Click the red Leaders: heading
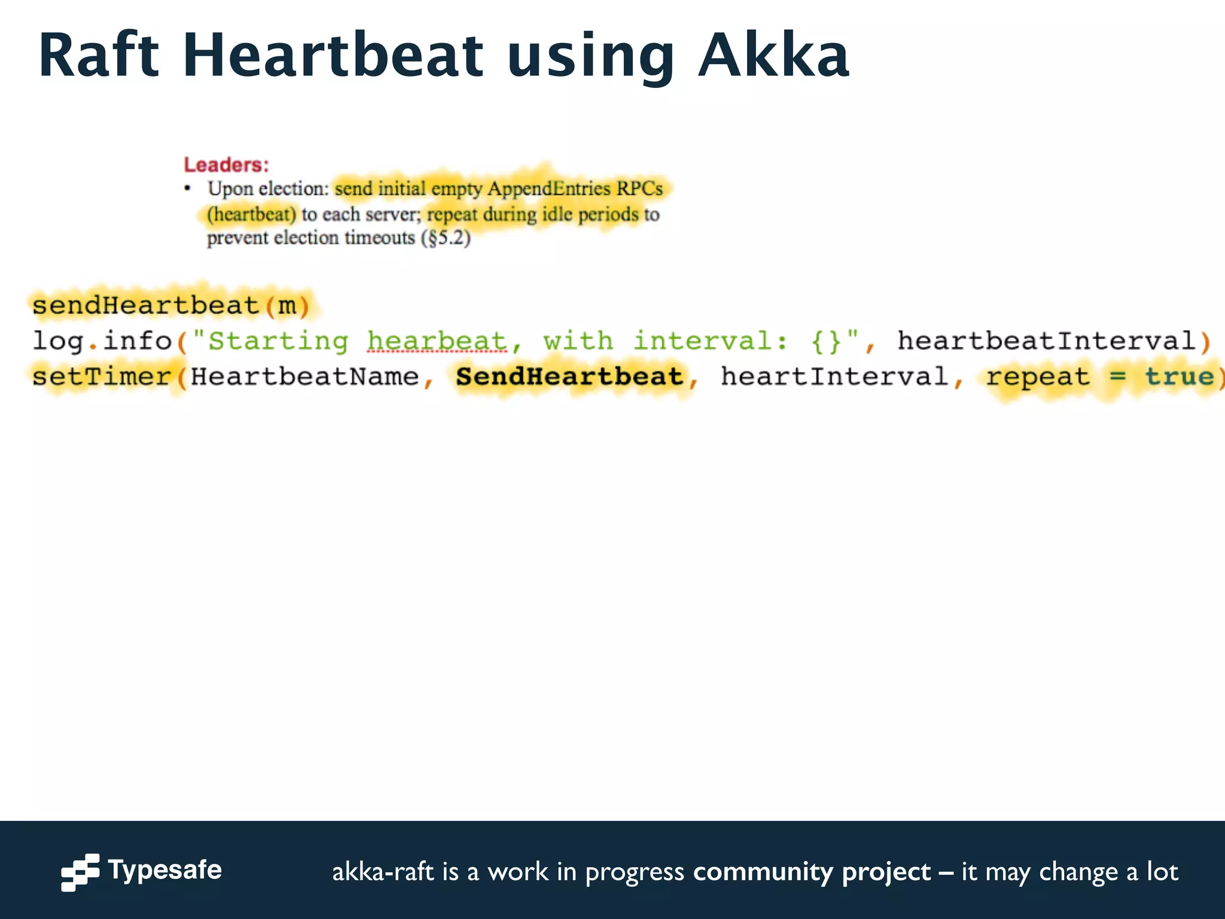[226, 165]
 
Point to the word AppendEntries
[548, 189]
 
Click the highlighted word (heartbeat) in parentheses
[251, 214]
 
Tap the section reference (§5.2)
[446, 238]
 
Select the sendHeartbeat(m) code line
[170, 306]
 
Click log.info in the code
[102, 341]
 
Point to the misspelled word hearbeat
[437, 341]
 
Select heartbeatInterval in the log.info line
[1046, 341]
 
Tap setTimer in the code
[102, 377]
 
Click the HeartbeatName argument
[304, 377]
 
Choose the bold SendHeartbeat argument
[569, 377]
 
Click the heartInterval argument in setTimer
[834, 377]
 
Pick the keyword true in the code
[1179, 377]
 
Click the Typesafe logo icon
[80, 872]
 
